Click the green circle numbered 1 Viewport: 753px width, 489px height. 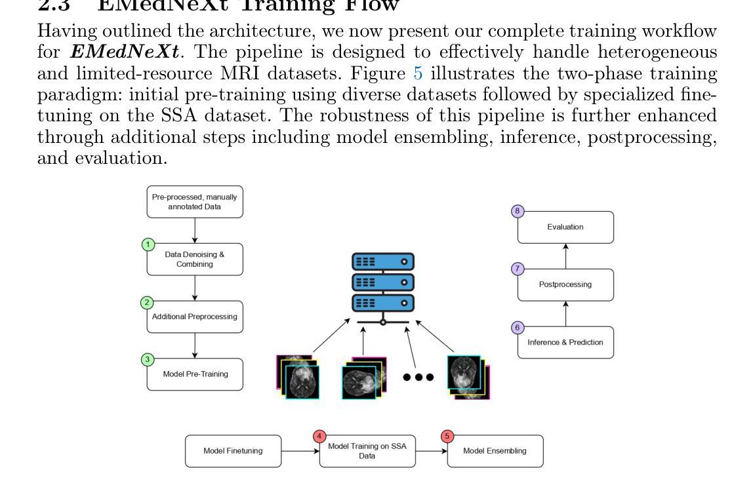pyautogui.click(x=149, y=245)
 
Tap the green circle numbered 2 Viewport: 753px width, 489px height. pyautogui.click(x=149, y=303)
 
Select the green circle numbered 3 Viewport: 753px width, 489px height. pyautogui.click(x=149, y=360)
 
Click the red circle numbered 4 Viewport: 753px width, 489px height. pyautogui.click(x=319, y=436)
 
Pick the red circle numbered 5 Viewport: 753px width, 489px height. pyautogui.click(x=448, y=436)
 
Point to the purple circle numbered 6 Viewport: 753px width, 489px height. pyautogui.click(x=518, y=328)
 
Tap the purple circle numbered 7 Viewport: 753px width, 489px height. pyautogui.click(x=518, y=269)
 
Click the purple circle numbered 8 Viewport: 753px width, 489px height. pyautogui.click(x=518, y=212)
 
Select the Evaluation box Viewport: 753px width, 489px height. pyautogui.click(x=565, y=227)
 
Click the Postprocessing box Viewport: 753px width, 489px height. pyautogui.click(x=565, y=285)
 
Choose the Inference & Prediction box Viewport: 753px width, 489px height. pyautogui.click(x=565, y=343)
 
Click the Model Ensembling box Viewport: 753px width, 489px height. pyautogui.click(x=495, y=451)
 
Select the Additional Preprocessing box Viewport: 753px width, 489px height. pyautogui.click(x=195, y=317)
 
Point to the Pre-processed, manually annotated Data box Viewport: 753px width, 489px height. pyautogui.click(x=195, y=201)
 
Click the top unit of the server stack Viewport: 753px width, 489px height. pyautogui.click(x=384, y=262)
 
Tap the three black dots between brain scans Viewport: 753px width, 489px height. pyautogui.click(x=418, y=378)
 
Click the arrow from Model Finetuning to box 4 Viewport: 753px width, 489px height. pyautogui.click(x=300, y=451)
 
